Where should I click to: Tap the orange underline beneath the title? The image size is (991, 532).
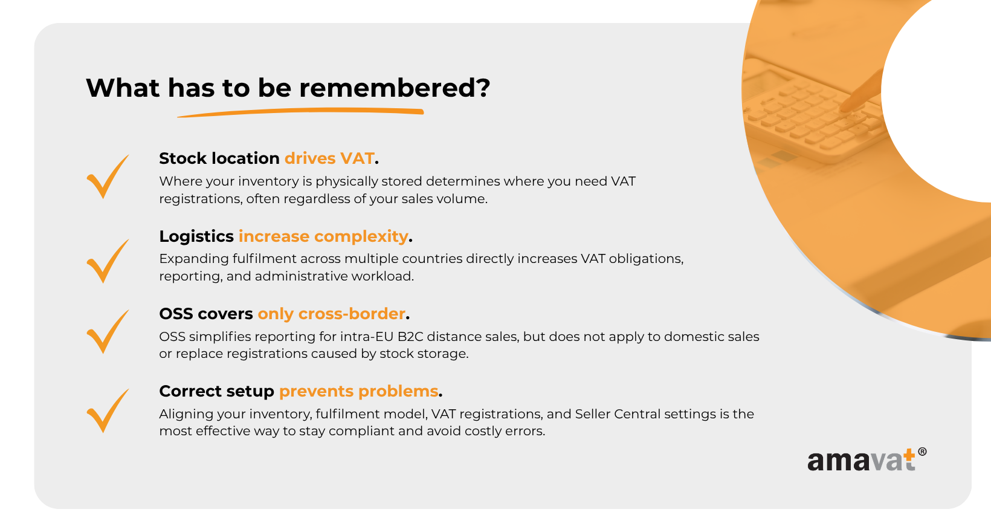pos(300,112)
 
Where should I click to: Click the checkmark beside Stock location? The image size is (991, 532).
pos(108,177)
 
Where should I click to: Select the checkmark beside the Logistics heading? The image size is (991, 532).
pos(108,261)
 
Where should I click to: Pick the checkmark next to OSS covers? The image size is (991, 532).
pos(108,331)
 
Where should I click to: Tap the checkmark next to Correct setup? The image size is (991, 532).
pos(108,410)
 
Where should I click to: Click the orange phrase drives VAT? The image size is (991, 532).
pos(329,158)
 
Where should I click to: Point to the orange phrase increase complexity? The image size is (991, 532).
pos(323,236)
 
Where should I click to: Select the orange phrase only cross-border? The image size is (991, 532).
pos(331,314)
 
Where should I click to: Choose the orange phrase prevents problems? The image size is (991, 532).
pos(358,391)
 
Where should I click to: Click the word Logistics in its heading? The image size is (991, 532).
pos(196,237)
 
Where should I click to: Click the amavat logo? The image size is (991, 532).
pos(867,460)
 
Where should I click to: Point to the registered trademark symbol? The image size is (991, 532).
pos(922,452)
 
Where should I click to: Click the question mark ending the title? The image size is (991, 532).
pos(483,88)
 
